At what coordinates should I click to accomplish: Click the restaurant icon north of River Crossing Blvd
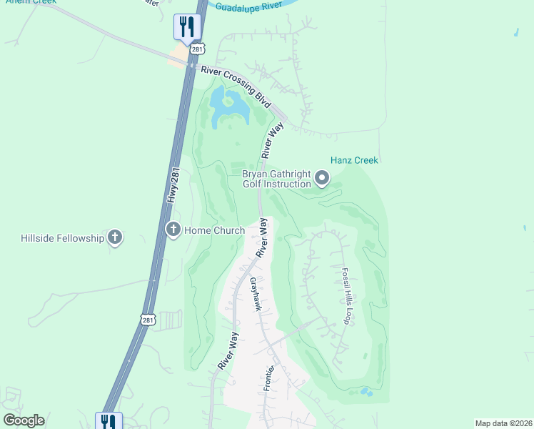pos(187,27)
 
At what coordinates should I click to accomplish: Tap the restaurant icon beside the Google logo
pos(109,421)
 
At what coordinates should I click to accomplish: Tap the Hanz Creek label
pos(354,160)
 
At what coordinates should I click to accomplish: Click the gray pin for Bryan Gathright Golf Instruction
pos(322,177)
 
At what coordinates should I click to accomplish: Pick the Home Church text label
pos(214,230)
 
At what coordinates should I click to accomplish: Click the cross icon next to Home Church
pos(173,230)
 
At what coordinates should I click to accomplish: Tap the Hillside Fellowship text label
pos(63,237)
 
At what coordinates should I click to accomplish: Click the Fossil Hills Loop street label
pos(346,296)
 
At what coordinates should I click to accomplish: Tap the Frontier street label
pos(268,378)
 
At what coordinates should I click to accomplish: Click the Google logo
pos(23,420)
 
